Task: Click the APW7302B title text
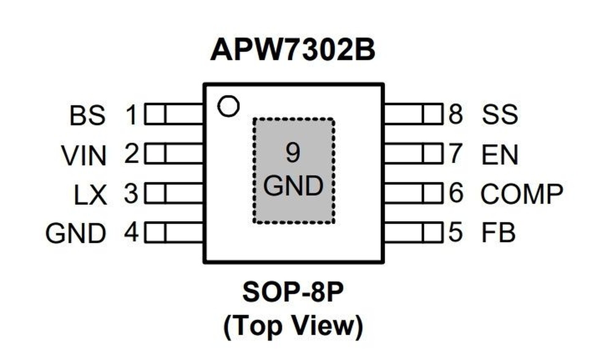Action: coord(293,50)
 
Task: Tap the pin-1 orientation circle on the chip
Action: coord(228,106)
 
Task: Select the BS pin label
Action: coord(88,115)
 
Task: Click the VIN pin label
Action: coord(84,156)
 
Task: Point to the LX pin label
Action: coord(91,195)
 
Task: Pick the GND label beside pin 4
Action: coord(76,234)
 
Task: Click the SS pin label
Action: coord(500,114)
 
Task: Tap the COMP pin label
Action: coord(522,194)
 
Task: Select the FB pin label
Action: coord(498,233)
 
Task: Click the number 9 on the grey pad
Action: coord(293,153)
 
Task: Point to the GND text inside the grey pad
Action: coord(293,186)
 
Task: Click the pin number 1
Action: coord(132,115)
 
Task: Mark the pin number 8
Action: coord(456,114)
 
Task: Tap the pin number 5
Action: coord(455,232)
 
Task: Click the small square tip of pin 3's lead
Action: coord(155,193)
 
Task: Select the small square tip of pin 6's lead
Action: coord(433,193)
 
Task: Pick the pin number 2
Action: coord(132,154)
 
